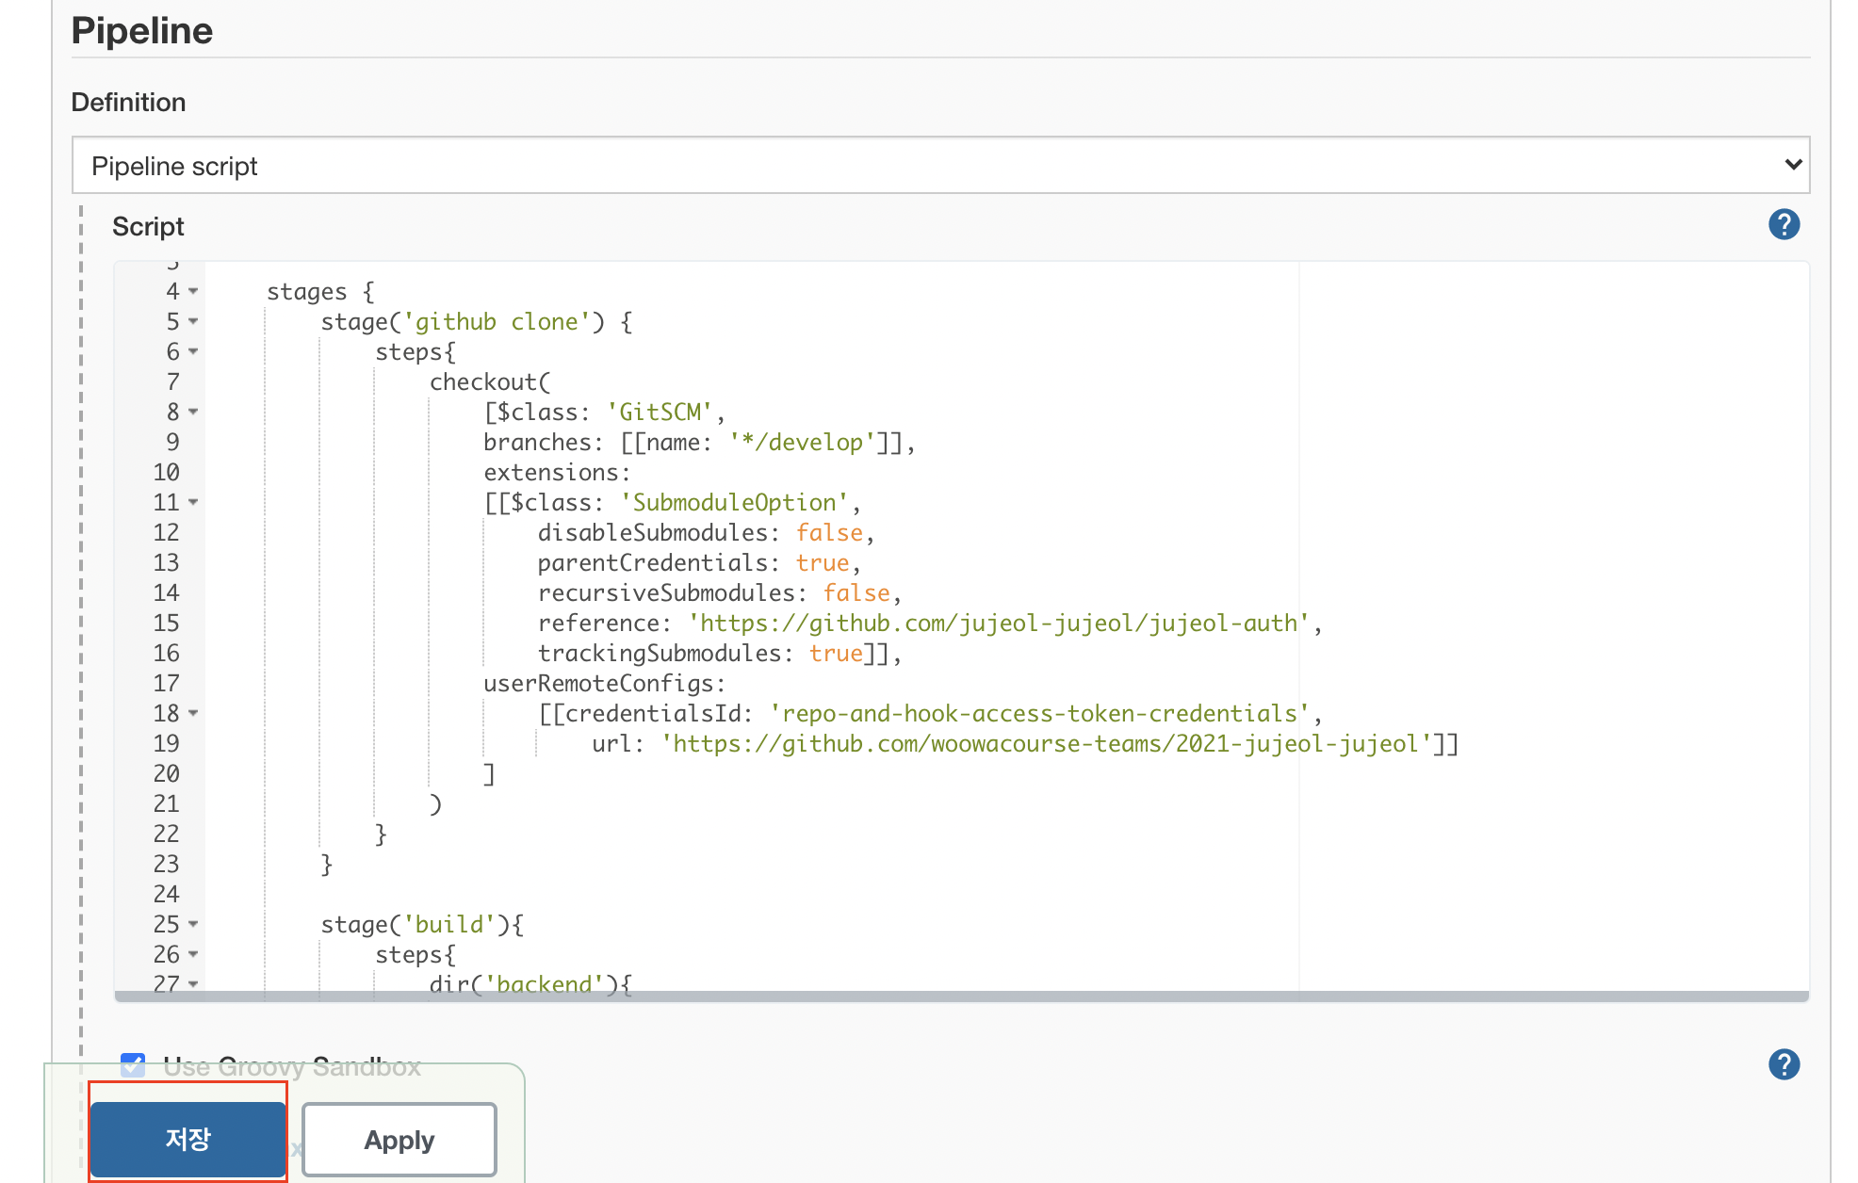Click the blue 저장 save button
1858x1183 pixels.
point(188,1140)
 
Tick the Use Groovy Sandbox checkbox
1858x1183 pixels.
point(133,1065)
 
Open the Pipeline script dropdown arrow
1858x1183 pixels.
point(1793,165)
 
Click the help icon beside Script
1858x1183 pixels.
point(1784,224)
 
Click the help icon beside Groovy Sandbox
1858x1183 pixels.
point(1784,1064)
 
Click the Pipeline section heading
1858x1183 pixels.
point(142,31)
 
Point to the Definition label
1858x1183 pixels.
point(128,102)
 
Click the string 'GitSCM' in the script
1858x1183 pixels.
point(660,413)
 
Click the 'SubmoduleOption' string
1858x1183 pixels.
point(735,503)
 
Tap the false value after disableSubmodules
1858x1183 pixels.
point(829,533)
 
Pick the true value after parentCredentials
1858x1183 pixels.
point(823,563)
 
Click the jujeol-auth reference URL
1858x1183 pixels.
point(1000,624)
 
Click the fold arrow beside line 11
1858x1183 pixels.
point(193,503)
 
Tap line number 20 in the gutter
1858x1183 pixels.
point(166,774)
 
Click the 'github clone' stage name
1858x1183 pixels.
point(497,322)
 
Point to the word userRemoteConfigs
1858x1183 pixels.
point(598,684)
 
